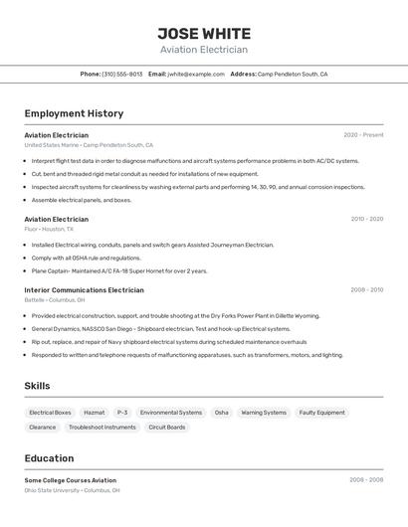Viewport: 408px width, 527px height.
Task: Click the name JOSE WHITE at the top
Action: (204, 34)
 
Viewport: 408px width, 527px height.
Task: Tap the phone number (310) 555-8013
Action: (121, 74)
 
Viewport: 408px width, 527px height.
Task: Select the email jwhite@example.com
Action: (196, 74)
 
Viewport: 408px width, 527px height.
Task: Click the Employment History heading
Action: (74, 113)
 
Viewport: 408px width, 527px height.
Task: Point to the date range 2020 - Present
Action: (363, 135)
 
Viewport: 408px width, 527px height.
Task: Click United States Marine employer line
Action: (89, 145)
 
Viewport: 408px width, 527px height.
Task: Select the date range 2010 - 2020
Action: (366, 219)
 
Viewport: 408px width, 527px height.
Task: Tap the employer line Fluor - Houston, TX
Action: (50, 229)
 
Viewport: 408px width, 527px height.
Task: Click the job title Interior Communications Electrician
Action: (84, 290)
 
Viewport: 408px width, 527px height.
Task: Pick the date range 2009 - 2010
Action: (366, 290)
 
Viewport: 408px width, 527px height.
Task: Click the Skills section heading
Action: (37, 386)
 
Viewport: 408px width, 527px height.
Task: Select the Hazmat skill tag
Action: (95, 413)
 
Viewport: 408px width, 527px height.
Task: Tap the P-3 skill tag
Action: (122, 413)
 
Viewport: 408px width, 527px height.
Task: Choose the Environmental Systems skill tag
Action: (171, 413)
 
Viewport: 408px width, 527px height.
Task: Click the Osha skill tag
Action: (221, 413)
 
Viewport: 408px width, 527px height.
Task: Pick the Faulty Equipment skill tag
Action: (321, 413)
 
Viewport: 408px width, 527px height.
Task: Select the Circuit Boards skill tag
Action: (167, 428)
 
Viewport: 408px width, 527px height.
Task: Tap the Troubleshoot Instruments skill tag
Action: (102, 428)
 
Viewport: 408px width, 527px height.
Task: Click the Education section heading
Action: (49, 458)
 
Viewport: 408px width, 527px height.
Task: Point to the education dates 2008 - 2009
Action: (364, 480)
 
